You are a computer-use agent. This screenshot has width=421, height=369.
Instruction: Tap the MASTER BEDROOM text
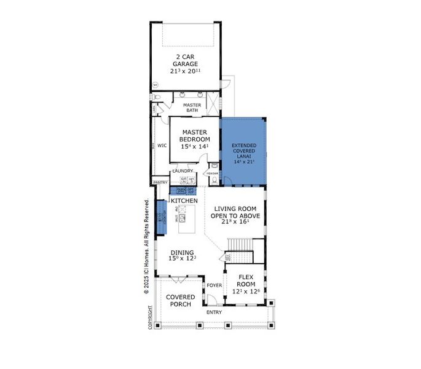pos(194,139)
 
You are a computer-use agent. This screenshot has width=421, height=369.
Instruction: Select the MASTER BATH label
pos(192,107)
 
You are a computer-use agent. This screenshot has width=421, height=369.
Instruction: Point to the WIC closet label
pos(162,146)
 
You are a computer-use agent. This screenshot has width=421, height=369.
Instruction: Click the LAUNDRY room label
pos(183,171)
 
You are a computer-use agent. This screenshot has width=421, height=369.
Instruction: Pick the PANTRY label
pos(160,183)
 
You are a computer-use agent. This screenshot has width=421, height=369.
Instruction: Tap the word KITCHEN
pos(184,201)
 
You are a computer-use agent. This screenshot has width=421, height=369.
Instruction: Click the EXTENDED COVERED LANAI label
pos(243,153)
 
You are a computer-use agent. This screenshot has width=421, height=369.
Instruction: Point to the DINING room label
pos(182,253)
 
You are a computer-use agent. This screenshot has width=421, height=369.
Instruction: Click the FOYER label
pos(214,285)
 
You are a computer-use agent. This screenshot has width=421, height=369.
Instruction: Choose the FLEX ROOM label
pos(249,284)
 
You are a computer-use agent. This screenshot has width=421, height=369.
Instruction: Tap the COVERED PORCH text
pos(181,300)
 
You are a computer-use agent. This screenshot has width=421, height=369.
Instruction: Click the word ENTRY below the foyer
pos(214,312)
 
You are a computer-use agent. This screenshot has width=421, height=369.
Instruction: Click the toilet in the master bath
pos(157,98)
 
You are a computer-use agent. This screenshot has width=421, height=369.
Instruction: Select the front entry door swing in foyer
pos(211,300)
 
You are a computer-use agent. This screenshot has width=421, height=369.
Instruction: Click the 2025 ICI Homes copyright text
pos(146,246)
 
